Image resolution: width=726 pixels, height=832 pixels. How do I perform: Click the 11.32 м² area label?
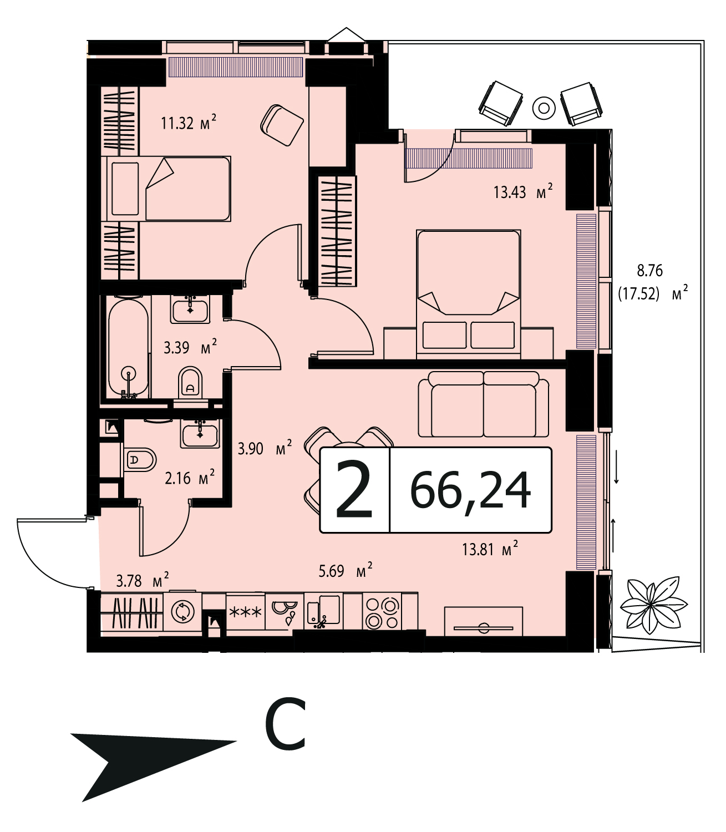[x=188, y=122]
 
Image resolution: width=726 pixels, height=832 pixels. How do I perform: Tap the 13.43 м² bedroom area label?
[x=523, y=191]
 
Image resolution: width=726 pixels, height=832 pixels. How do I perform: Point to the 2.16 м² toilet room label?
[x=190, y=478]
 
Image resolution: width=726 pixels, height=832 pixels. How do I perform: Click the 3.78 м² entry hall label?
[x=143, y=580]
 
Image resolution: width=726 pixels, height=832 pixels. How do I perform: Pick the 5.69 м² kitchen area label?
[x=346, y=571]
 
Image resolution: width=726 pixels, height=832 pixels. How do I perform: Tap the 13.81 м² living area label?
[x=490, y=549]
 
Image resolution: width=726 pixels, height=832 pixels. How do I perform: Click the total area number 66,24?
[x=470, y=490]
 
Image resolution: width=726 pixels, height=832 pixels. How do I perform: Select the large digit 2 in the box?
[x=354, y=490]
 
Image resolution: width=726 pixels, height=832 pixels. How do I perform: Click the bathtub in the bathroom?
[x=128, y=349]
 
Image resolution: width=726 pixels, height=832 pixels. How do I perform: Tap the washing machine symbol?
[x=182, y=611]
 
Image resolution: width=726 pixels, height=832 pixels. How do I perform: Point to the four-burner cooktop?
[x=382, y=612]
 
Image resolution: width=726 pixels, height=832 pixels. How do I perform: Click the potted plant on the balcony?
[x=653, y=605]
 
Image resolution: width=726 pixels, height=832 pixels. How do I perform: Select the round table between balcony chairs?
[x=544, y=108]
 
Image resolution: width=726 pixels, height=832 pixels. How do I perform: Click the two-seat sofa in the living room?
[x=483, y=404]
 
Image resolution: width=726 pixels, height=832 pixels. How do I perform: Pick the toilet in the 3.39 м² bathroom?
[x=190, y=382]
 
